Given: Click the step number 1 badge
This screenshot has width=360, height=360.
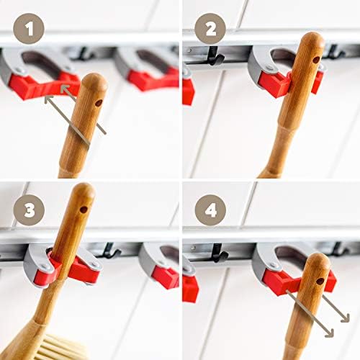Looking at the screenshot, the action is (29, 29).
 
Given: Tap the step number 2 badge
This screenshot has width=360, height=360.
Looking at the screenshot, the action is (210, 29).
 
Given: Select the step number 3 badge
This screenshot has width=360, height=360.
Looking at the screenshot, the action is (29, 210).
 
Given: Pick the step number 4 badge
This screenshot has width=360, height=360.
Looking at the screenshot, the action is (210, 210).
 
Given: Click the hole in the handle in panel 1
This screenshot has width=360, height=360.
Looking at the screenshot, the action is (99, 103).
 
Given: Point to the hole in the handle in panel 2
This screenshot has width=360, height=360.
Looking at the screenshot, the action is (317, 60).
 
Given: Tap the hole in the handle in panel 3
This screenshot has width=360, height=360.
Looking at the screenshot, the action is (84, 210).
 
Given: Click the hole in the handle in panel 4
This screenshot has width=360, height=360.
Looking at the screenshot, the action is (320, 281).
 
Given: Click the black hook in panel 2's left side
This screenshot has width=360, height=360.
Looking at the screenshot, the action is (215, 56).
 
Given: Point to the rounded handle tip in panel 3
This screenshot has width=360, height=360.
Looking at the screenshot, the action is (84, 189).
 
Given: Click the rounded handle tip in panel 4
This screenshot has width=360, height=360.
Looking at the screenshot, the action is (318, 260).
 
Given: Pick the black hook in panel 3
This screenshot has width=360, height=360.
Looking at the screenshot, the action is (111, 251).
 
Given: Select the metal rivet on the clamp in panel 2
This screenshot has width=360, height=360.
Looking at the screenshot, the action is (270, 68).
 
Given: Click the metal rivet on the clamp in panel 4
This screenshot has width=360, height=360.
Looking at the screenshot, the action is (274, 265).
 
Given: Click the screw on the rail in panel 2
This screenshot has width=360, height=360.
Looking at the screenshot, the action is (190, 50).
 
